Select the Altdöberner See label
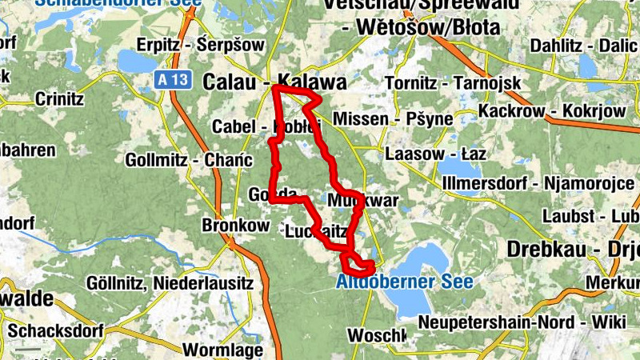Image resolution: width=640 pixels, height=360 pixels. (x=404, y=282)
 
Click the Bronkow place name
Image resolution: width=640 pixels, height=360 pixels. (x=235, y=226)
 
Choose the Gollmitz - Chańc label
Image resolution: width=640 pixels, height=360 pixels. (x=184, y=160)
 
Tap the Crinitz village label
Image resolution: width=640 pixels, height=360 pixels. (x=59, y=100)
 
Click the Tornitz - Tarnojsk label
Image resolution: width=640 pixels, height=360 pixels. (x=452, y=83)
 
